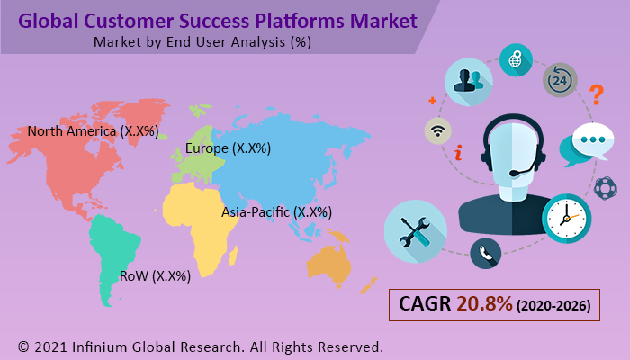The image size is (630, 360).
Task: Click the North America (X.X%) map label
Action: [x=93, y=131]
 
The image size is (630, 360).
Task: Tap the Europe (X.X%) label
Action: [x=228, y=148]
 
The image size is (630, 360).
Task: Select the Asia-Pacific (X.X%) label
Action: [x=276, y=212]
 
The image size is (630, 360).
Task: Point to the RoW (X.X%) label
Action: [x=155, y=276]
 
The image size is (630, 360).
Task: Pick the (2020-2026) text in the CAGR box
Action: [x=553, y=306]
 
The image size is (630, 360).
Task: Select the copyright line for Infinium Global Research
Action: [x=201, y=346]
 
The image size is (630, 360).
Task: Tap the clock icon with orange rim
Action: [x=567, y=217]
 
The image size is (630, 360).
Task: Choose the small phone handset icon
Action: [x=486, y=253]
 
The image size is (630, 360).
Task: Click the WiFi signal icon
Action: [x=438, y=131]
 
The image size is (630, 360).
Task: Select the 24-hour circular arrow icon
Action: [x=559, y=80]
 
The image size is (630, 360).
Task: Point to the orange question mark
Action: [x=595, y=94]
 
